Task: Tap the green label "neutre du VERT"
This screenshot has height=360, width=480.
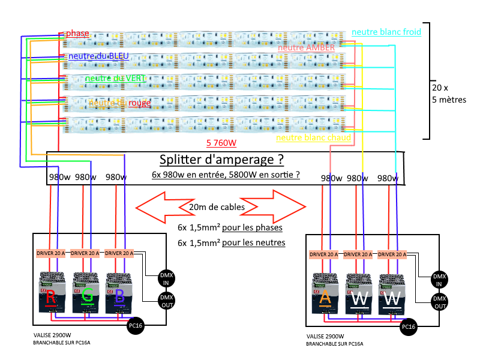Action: click(115, 78)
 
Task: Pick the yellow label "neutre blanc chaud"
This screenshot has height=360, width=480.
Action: click(313, 139)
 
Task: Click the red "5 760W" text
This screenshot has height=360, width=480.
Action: click(221, 143)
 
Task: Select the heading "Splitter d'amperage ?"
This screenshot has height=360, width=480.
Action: click(221, 160)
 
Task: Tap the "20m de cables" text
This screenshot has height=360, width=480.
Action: click(217, 208)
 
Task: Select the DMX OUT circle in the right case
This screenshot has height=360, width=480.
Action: click(440, 302)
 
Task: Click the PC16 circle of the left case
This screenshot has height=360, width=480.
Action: click(137, 326)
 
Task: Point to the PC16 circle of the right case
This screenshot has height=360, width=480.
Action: click(409, 327)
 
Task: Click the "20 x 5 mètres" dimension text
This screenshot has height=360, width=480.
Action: click(449, 93)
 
